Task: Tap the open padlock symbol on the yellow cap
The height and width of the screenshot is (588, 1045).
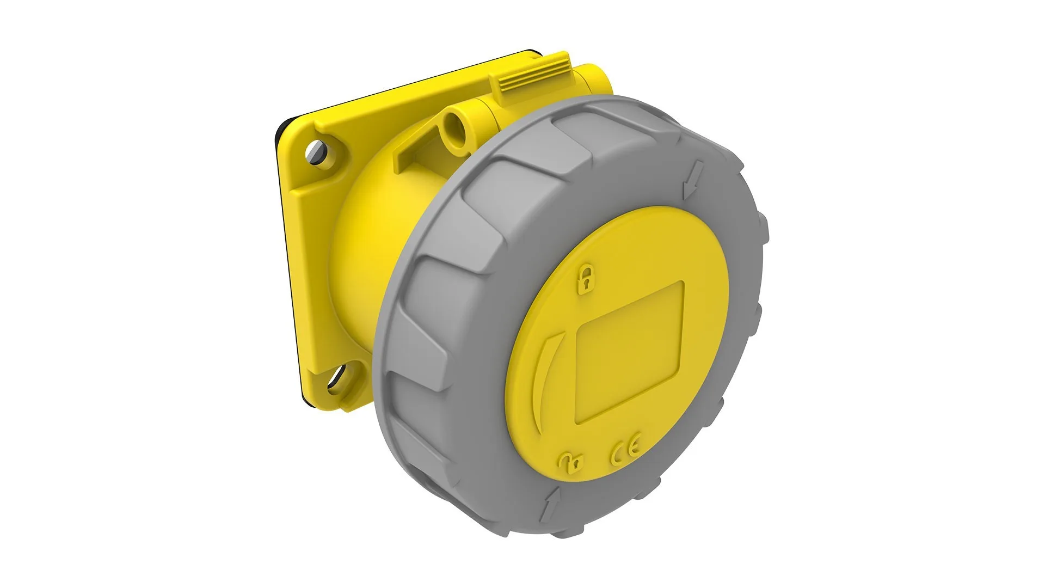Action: [570, 461]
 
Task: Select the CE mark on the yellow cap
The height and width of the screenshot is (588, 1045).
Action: [625, 448]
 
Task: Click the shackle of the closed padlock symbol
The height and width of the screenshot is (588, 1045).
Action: [586, 271]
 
